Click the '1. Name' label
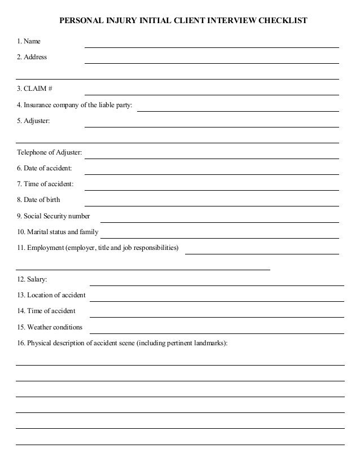(x=29, y=41)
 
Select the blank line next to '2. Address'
(x=212, y=62)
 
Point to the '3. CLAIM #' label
(x=34, y=89)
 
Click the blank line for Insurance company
(x=238, y=111)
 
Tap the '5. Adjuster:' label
(x=33, y=121)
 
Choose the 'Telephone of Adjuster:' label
(x=49, y=152)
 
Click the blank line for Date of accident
(x=212, y=173)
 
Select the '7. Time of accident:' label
(x=45, y=184)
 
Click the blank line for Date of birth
(x=212, y=205)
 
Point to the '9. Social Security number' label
(x=53, y=216)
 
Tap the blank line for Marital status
(x=219, y=237)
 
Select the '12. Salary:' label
(x=32, y=279)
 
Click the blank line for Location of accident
(x=217, y=300)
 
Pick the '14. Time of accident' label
(x=46, y=311)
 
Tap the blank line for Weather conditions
(x=217, y=332)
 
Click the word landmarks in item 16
(x=209, y=343)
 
